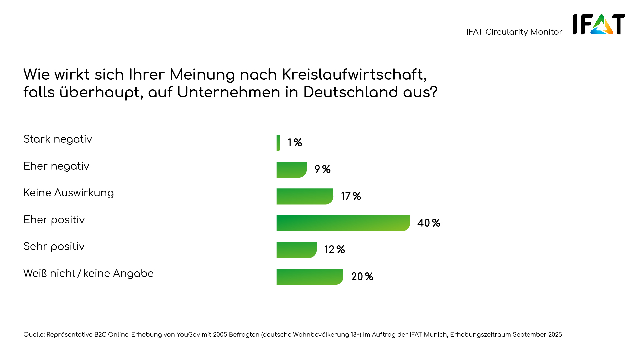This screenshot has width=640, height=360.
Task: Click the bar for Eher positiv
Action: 343,223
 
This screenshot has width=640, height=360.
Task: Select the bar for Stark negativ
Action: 278,143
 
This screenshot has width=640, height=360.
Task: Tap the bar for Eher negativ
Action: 291,170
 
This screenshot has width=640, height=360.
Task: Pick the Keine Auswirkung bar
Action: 305,196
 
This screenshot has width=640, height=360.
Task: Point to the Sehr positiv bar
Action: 296,250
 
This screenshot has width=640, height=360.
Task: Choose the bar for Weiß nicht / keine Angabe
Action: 310,277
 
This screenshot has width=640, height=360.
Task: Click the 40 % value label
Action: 429,223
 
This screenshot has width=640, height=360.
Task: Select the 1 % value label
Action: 295,143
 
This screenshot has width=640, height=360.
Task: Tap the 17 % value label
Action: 351,196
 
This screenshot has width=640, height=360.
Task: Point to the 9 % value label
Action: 322,169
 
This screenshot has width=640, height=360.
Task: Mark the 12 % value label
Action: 334,250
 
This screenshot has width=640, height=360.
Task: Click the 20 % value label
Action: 362,277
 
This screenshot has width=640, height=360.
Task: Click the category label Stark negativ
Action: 58,139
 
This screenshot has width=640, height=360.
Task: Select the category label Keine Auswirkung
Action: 69,193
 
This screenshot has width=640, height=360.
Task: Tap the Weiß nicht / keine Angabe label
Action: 88,274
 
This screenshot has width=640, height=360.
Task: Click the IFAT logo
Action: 599,24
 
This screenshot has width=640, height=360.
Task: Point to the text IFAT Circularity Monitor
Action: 514,32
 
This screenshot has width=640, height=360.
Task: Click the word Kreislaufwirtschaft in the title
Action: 354,75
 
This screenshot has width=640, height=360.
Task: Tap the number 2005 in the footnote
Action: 220,335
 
